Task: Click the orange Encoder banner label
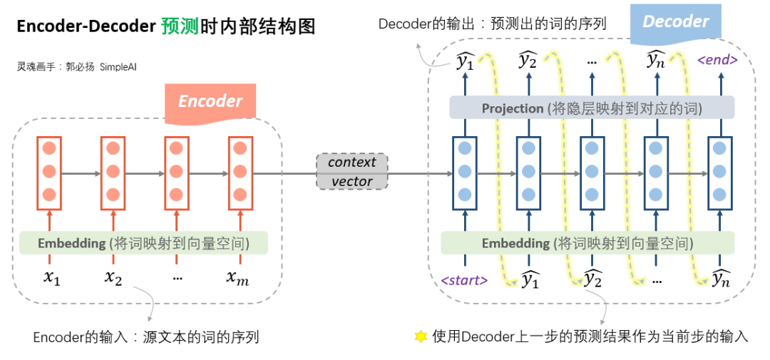[210, 103]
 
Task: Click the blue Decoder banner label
[676, 24]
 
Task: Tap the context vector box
[351, 171]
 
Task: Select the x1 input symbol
[51, 278]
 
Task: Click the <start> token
[464, 280]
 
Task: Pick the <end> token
[717, 61]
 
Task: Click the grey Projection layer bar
[592, 107]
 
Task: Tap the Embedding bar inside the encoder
[143, 242]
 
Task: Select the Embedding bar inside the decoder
[587, 242]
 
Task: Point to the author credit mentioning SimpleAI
[76, 67]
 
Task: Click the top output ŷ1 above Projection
[465, 61]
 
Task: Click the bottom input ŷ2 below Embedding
[593, 279]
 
